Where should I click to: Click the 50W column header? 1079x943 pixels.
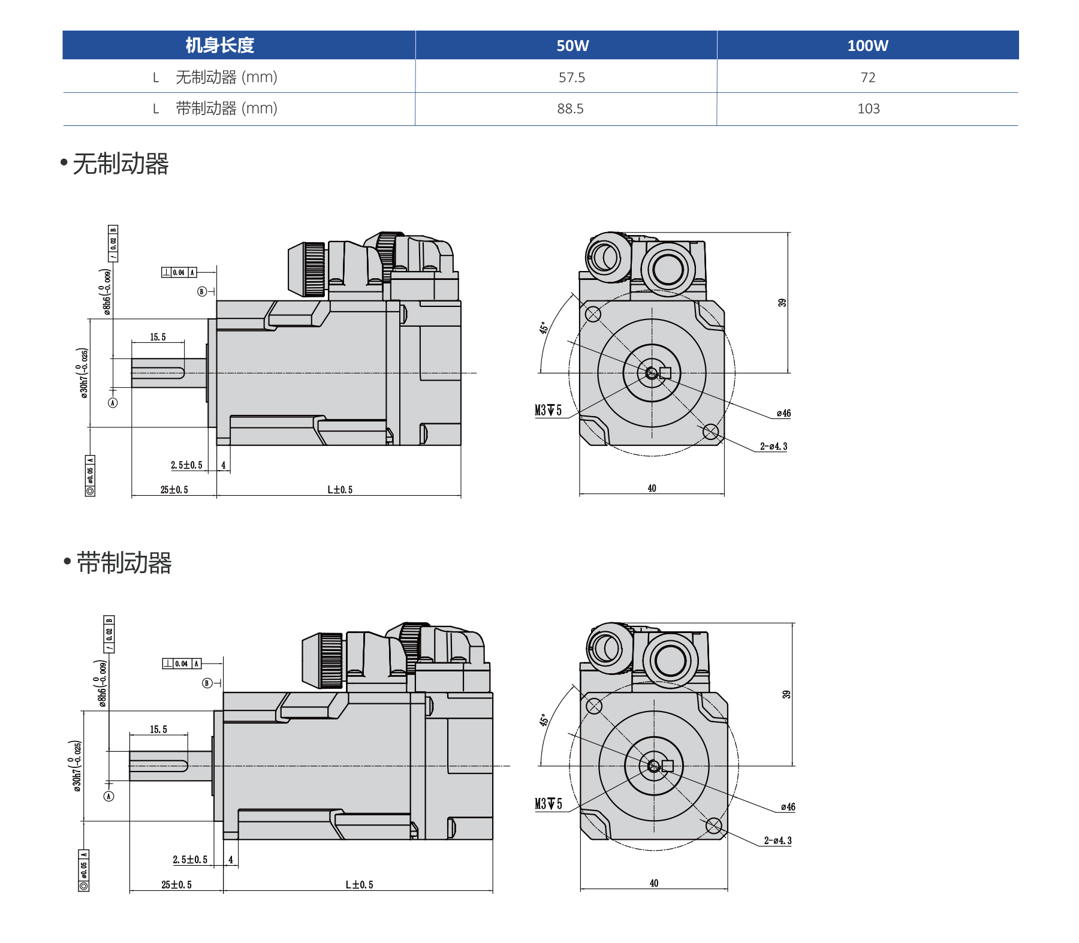(x=572, y=46)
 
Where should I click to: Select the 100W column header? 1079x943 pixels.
(x=867, y=46)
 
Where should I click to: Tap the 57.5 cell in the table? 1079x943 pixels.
(x=571, y=77)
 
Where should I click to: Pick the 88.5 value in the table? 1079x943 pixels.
(x=570, y=109)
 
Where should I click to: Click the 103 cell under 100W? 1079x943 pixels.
(x=868, y=109)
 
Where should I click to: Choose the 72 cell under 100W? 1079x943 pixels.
(x=867, y=77)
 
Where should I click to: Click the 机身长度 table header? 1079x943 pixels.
(x=219, y=46)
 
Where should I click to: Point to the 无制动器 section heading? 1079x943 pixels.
(x=120, y=164)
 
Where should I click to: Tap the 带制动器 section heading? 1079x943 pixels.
(x=123, y=563)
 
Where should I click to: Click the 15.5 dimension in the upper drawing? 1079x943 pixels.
(x=158, y=338)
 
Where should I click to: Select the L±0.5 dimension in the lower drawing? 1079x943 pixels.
(x=359, y=885)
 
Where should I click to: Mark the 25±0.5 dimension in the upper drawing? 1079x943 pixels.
(x=174, y=490)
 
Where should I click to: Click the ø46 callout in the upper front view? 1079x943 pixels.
(x=783, y=414)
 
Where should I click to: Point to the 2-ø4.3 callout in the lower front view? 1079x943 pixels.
(x=777, y=841)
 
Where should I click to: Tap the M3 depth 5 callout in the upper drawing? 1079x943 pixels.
(x=548, y=411)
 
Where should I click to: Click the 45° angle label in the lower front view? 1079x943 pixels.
(x=544, y=720)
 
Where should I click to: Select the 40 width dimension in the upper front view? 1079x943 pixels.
(x=652, y=489)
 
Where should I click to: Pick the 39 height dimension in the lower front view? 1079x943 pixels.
(x=786, y=694)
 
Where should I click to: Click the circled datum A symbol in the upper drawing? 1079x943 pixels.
(x=113, y=403)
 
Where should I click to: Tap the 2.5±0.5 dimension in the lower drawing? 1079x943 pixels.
(x=190, y=860)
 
